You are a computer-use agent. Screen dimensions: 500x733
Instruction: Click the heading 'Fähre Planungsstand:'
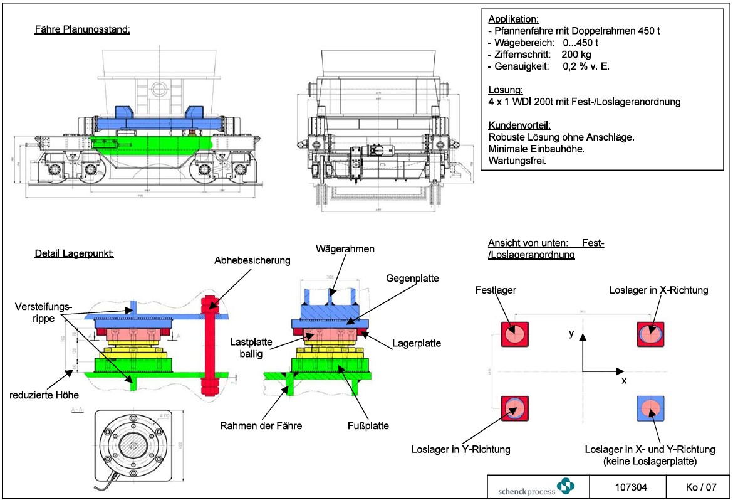(x=82, y=29)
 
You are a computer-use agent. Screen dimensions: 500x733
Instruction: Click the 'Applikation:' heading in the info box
(x=512, y=19)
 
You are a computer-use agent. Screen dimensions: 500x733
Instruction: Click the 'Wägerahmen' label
(x=346, y=249)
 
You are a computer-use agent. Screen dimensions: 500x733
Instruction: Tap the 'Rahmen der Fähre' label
(x=261, y=426)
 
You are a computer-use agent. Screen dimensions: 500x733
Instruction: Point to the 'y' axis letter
(x=572, y=334)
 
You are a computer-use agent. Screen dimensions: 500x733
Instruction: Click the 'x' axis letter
(x=624, y=381)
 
